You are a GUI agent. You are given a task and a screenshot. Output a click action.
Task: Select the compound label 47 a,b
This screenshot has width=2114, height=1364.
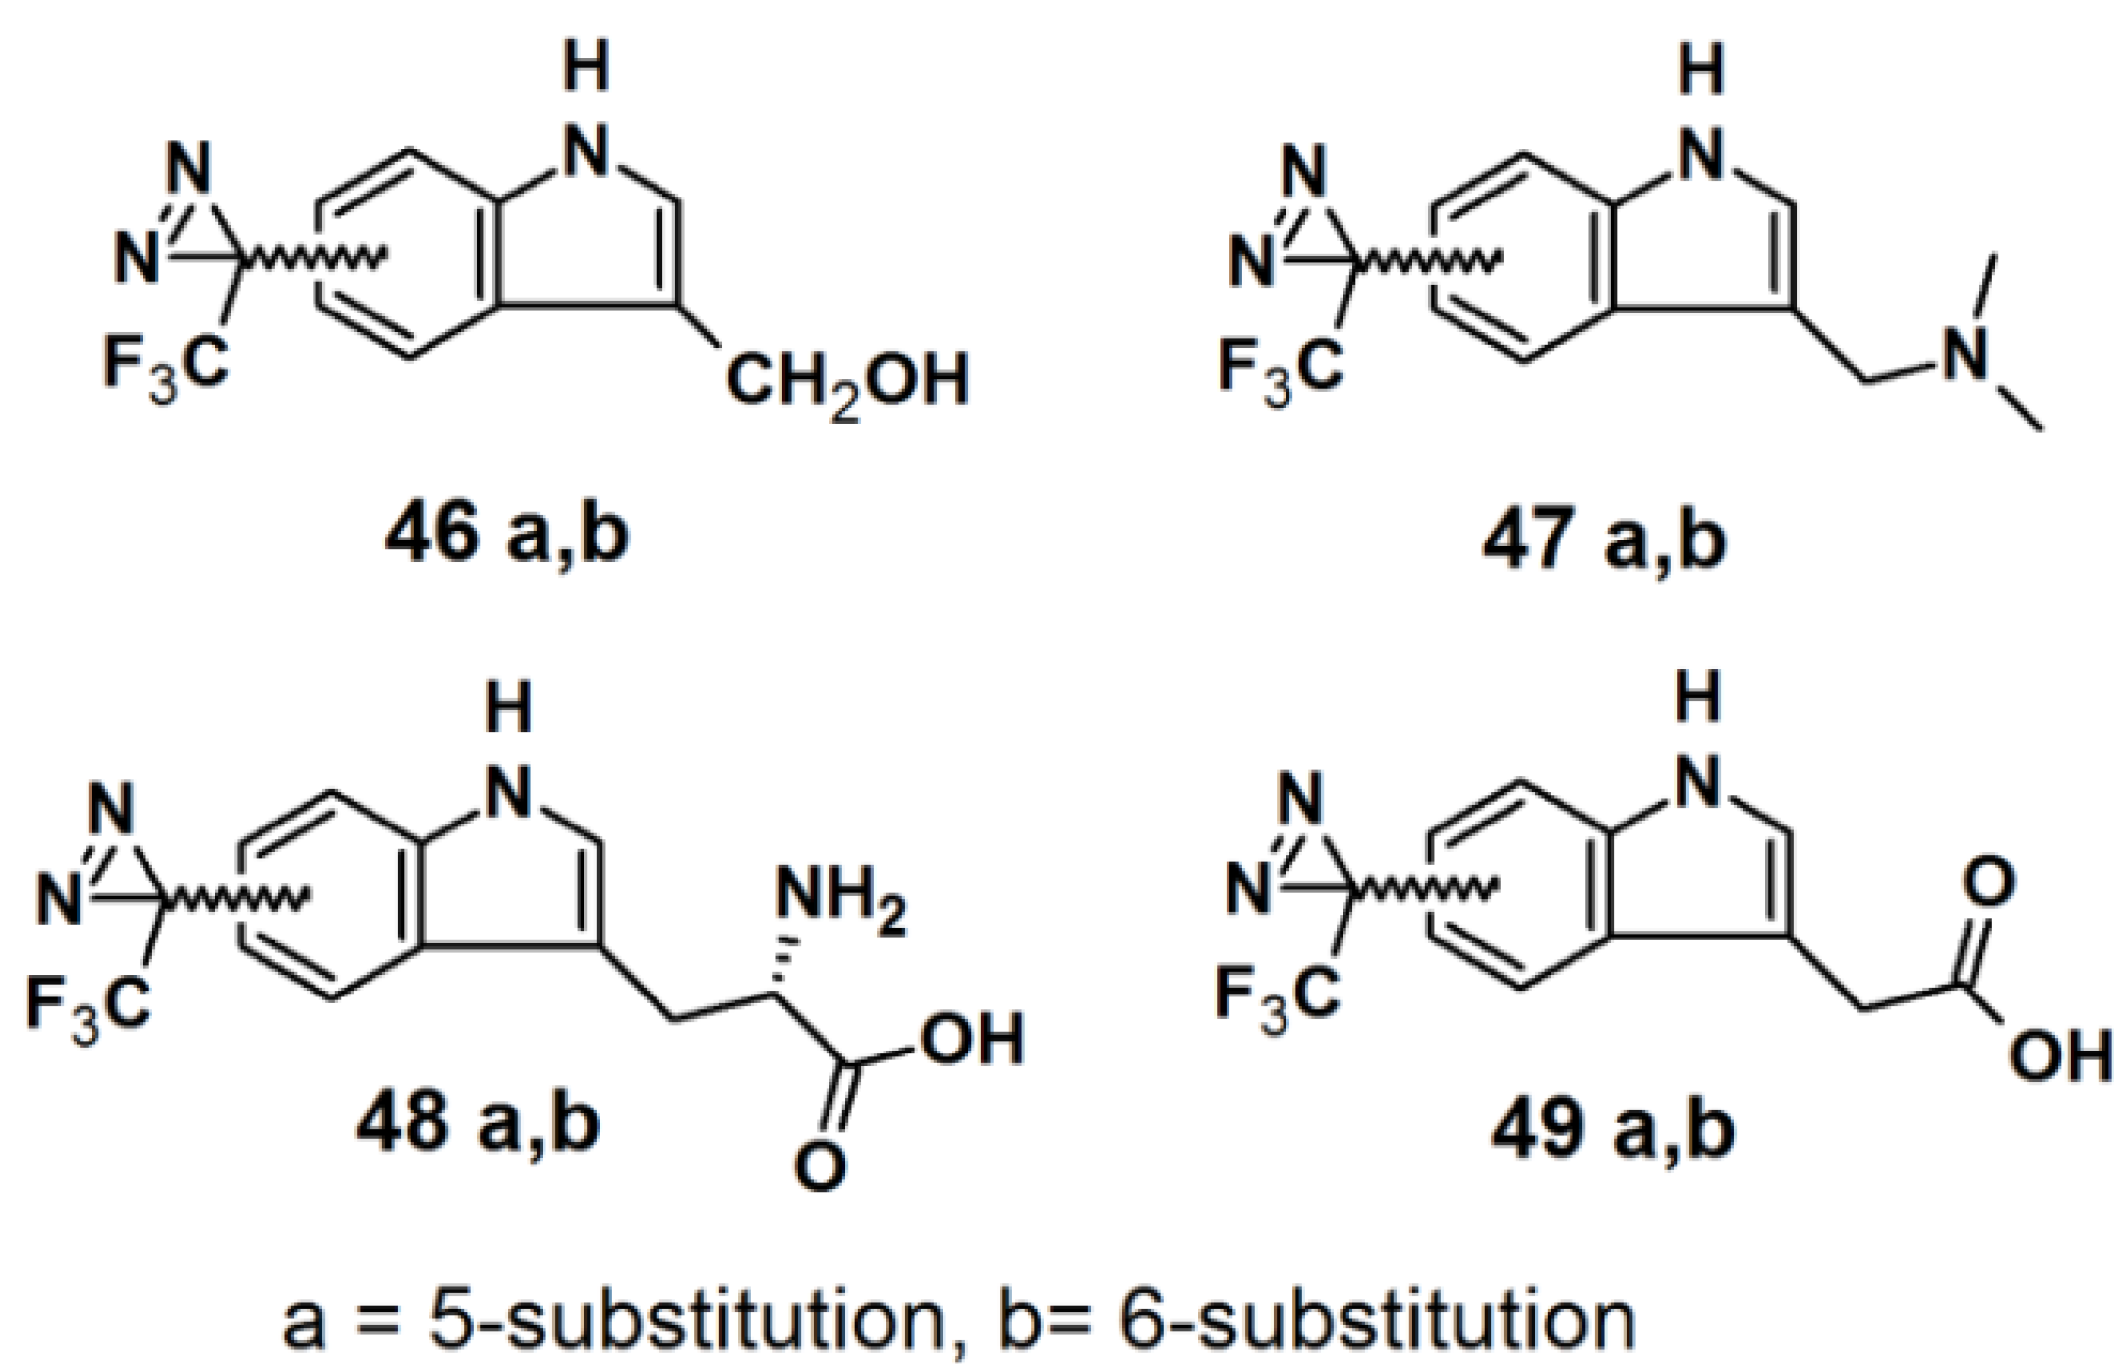1603,539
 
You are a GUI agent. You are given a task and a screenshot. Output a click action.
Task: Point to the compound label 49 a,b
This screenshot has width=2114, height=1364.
1612,1128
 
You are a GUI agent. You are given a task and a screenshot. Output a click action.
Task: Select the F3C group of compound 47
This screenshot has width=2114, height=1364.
1280,370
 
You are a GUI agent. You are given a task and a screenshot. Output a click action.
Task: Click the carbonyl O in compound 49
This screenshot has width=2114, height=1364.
1988,881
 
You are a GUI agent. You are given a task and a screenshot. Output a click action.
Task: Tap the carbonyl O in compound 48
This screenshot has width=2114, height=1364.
819,1165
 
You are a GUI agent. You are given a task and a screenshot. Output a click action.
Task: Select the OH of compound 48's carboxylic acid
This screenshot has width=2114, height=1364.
972,1040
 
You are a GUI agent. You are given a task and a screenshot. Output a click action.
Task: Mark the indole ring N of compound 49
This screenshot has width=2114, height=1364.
1698,784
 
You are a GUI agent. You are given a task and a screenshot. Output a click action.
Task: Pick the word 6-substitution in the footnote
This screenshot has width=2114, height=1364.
1376,1320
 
